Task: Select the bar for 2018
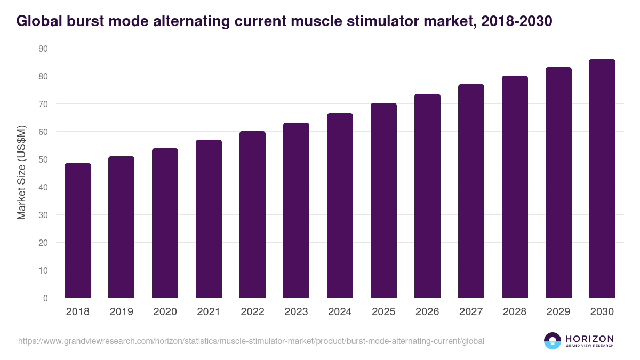(x=78, y=230)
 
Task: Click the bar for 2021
(x=209, y=219)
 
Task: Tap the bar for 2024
(x=340, y=205)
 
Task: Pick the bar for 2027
(x=471, y=191)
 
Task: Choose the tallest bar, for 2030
(x=602, y=179)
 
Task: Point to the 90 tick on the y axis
(x=43, y=49)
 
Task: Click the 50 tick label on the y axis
(x=43, y=159)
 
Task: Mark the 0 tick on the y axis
(x=45, y=298)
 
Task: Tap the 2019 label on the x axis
(x=122, y=312)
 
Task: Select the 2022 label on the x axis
(x=252, y=312)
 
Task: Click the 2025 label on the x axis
(x=383, y=312)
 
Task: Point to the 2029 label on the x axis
(x=558, y=312)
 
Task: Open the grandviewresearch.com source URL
(x=251, y=341)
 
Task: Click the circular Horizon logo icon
(x=553, y=341)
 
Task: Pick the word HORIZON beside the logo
(x=589, y=339)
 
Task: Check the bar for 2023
(x=296, y=210)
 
